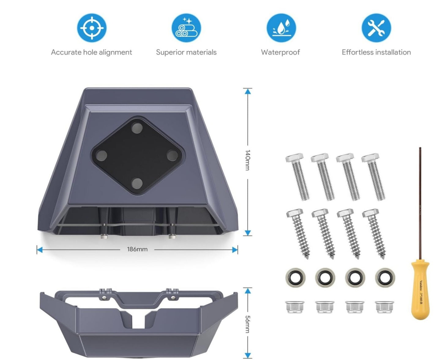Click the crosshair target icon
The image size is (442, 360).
pos(92,28)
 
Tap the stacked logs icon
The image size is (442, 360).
pos(186,28)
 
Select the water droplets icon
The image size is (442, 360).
pos(281,28)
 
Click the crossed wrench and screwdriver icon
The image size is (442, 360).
pos(376,28)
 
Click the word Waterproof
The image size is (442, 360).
pos(280,52)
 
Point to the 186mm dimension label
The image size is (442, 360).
pos(137,249)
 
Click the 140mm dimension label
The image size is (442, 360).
pos(247,160)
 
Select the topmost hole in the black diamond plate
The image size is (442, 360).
pos(137,128)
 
